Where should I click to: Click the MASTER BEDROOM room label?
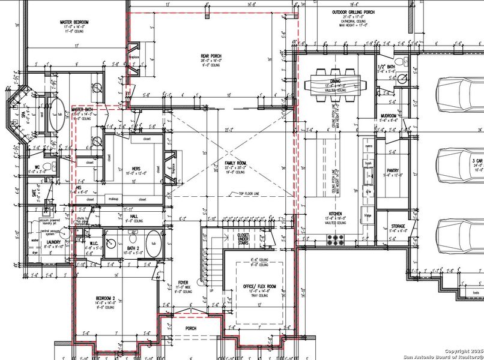tap(74, 22)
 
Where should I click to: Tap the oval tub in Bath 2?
tap(153, 244)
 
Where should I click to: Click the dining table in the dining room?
tap(336, 83)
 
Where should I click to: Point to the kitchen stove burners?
tap(335, 239)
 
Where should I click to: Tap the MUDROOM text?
tap(389, 115)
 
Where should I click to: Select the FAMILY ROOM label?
tap(231, 163)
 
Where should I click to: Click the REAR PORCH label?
tap(211, 56)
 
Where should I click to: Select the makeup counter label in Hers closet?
tap(114, 199)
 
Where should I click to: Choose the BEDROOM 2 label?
tap(109, 298)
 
